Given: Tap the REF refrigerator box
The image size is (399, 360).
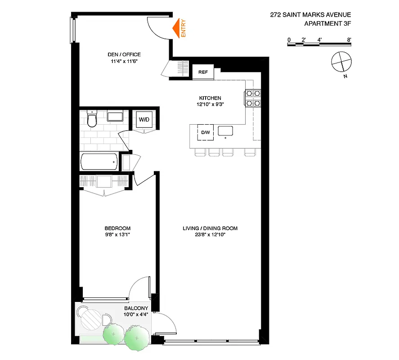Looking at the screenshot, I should (x=203, y=72).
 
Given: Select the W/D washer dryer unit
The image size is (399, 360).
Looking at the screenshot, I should (x=144, y=120).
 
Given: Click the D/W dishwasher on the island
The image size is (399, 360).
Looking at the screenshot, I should (x=206, y=132).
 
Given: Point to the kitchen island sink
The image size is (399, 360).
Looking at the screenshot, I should (x=225, y=130).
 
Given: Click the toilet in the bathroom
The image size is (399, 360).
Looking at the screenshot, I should (x=92, y=120).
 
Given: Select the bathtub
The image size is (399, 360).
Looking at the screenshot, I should (x=99, y=161).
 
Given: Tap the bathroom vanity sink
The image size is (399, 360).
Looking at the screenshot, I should (x=116, y=117).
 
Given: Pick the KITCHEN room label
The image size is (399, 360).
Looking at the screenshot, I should (x=210, y=98).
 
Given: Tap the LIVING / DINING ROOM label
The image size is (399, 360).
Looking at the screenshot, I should (x=210, y=228).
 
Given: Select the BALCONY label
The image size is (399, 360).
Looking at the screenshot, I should (x=136, y=308).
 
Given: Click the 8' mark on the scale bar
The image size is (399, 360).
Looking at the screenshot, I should (x=349, y=40).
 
